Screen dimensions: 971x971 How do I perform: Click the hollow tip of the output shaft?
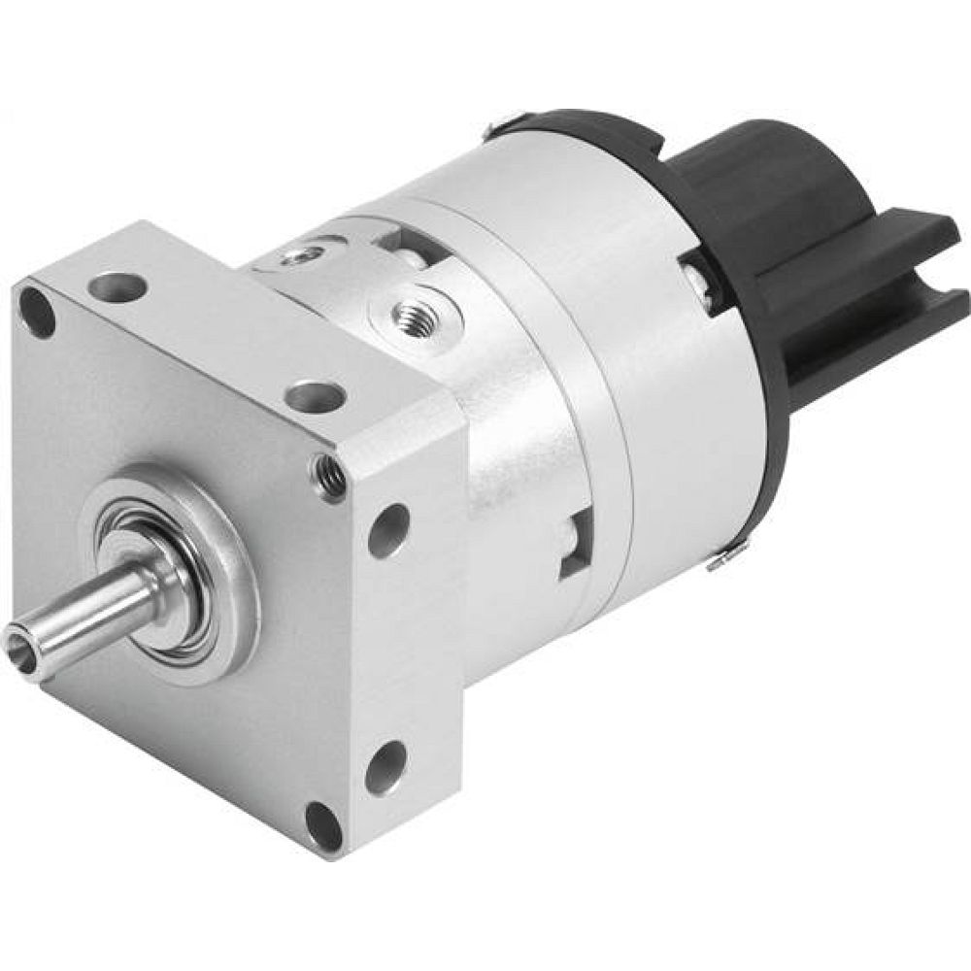(21, 641)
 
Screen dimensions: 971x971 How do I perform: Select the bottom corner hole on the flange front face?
(322, 825)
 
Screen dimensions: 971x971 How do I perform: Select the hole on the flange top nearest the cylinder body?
(316, 396)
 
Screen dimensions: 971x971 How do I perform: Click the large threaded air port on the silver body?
(415, 313)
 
